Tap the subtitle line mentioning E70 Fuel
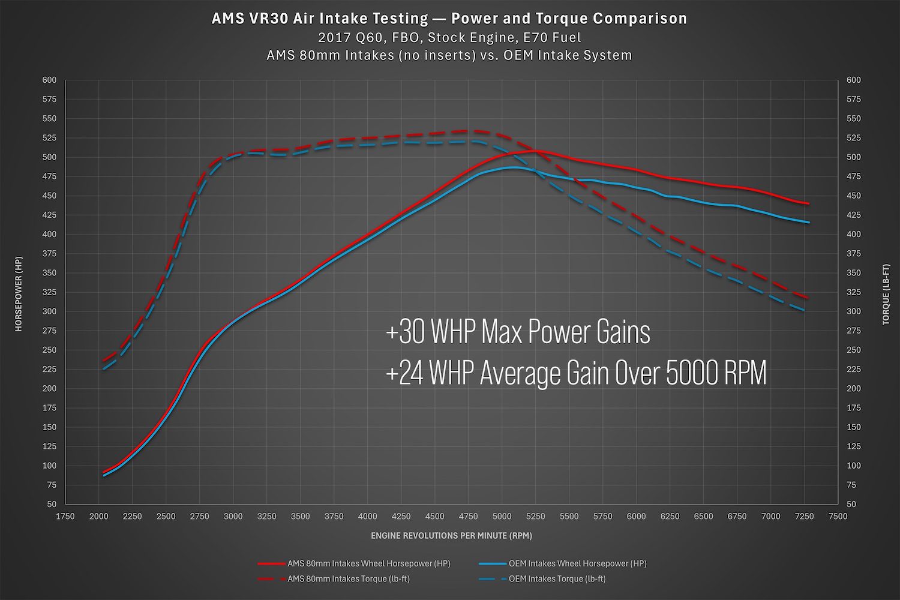(449, 37)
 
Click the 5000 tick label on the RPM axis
(502, 517)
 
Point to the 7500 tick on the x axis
(838, 517)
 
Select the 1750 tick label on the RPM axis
(65, 517)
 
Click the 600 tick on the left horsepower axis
(49, 80)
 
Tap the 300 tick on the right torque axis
(853, 311)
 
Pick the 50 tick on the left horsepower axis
(52, 504)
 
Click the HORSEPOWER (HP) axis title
(19, 294)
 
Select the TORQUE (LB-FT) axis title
(886, 294)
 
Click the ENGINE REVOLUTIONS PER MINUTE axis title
(451, 535)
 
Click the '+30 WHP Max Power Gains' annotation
(518, 332)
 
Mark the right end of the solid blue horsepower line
(809, 223)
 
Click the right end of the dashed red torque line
(809, 298)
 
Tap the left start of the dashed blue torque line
(103, 369)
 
